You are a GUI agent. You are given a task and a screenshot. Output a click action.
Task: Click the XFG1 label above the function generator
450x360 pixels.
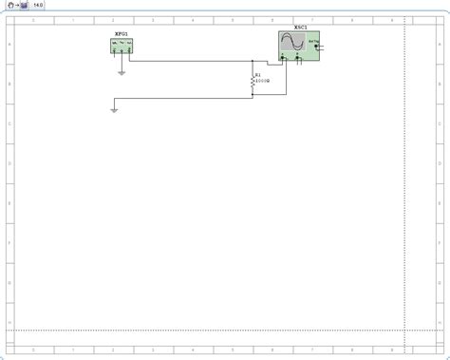(x=121, y=33)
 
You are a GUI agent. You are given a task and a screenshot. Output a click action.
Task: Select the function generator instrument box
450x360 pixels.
(x=122, y=44)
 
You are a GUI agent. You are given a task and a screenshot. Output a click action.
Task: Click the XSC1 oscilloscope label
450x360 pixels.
(x=300, y=28)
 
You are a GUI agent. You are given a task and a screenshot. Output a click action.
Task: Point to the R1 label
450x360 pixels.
(x=257, y=74)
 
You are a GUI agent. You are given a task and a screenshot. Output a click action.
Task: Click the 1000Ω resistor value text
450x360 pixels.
(x=263, y=81)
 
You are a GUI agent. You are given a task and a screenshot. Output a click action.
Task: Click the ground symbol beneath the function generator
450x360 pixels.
(x=122, y=71)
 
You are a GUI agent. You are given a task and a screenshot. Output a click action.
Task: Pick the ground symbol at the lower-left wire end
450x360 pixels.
(x=113, y=110)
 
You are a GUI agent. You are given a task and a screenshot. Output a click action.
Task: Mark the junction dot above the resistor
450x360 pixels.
(x=252, y=61)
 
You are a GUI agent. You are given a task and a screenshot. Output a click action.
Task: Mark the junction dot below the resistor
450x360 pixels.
(x=252, y=97)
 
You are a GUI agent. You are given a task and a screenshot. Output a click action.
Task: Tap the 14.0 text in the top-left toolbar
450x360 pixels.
(x=38, y=5)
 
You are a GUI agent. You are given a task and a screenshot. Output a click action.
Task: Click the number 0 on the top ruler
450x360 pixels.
(x=34, y=19)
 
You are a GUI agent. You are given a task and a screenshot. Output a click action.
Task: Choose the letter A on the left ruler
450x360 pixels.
(x=9, y=44)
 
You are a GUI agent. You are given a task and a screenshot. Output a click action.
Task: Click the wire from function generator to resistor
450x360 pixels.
(x=190, y=61)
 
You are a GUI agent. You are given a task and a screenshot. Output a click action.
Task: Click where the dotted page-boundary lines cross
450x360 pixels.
(x=405, y=331)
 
